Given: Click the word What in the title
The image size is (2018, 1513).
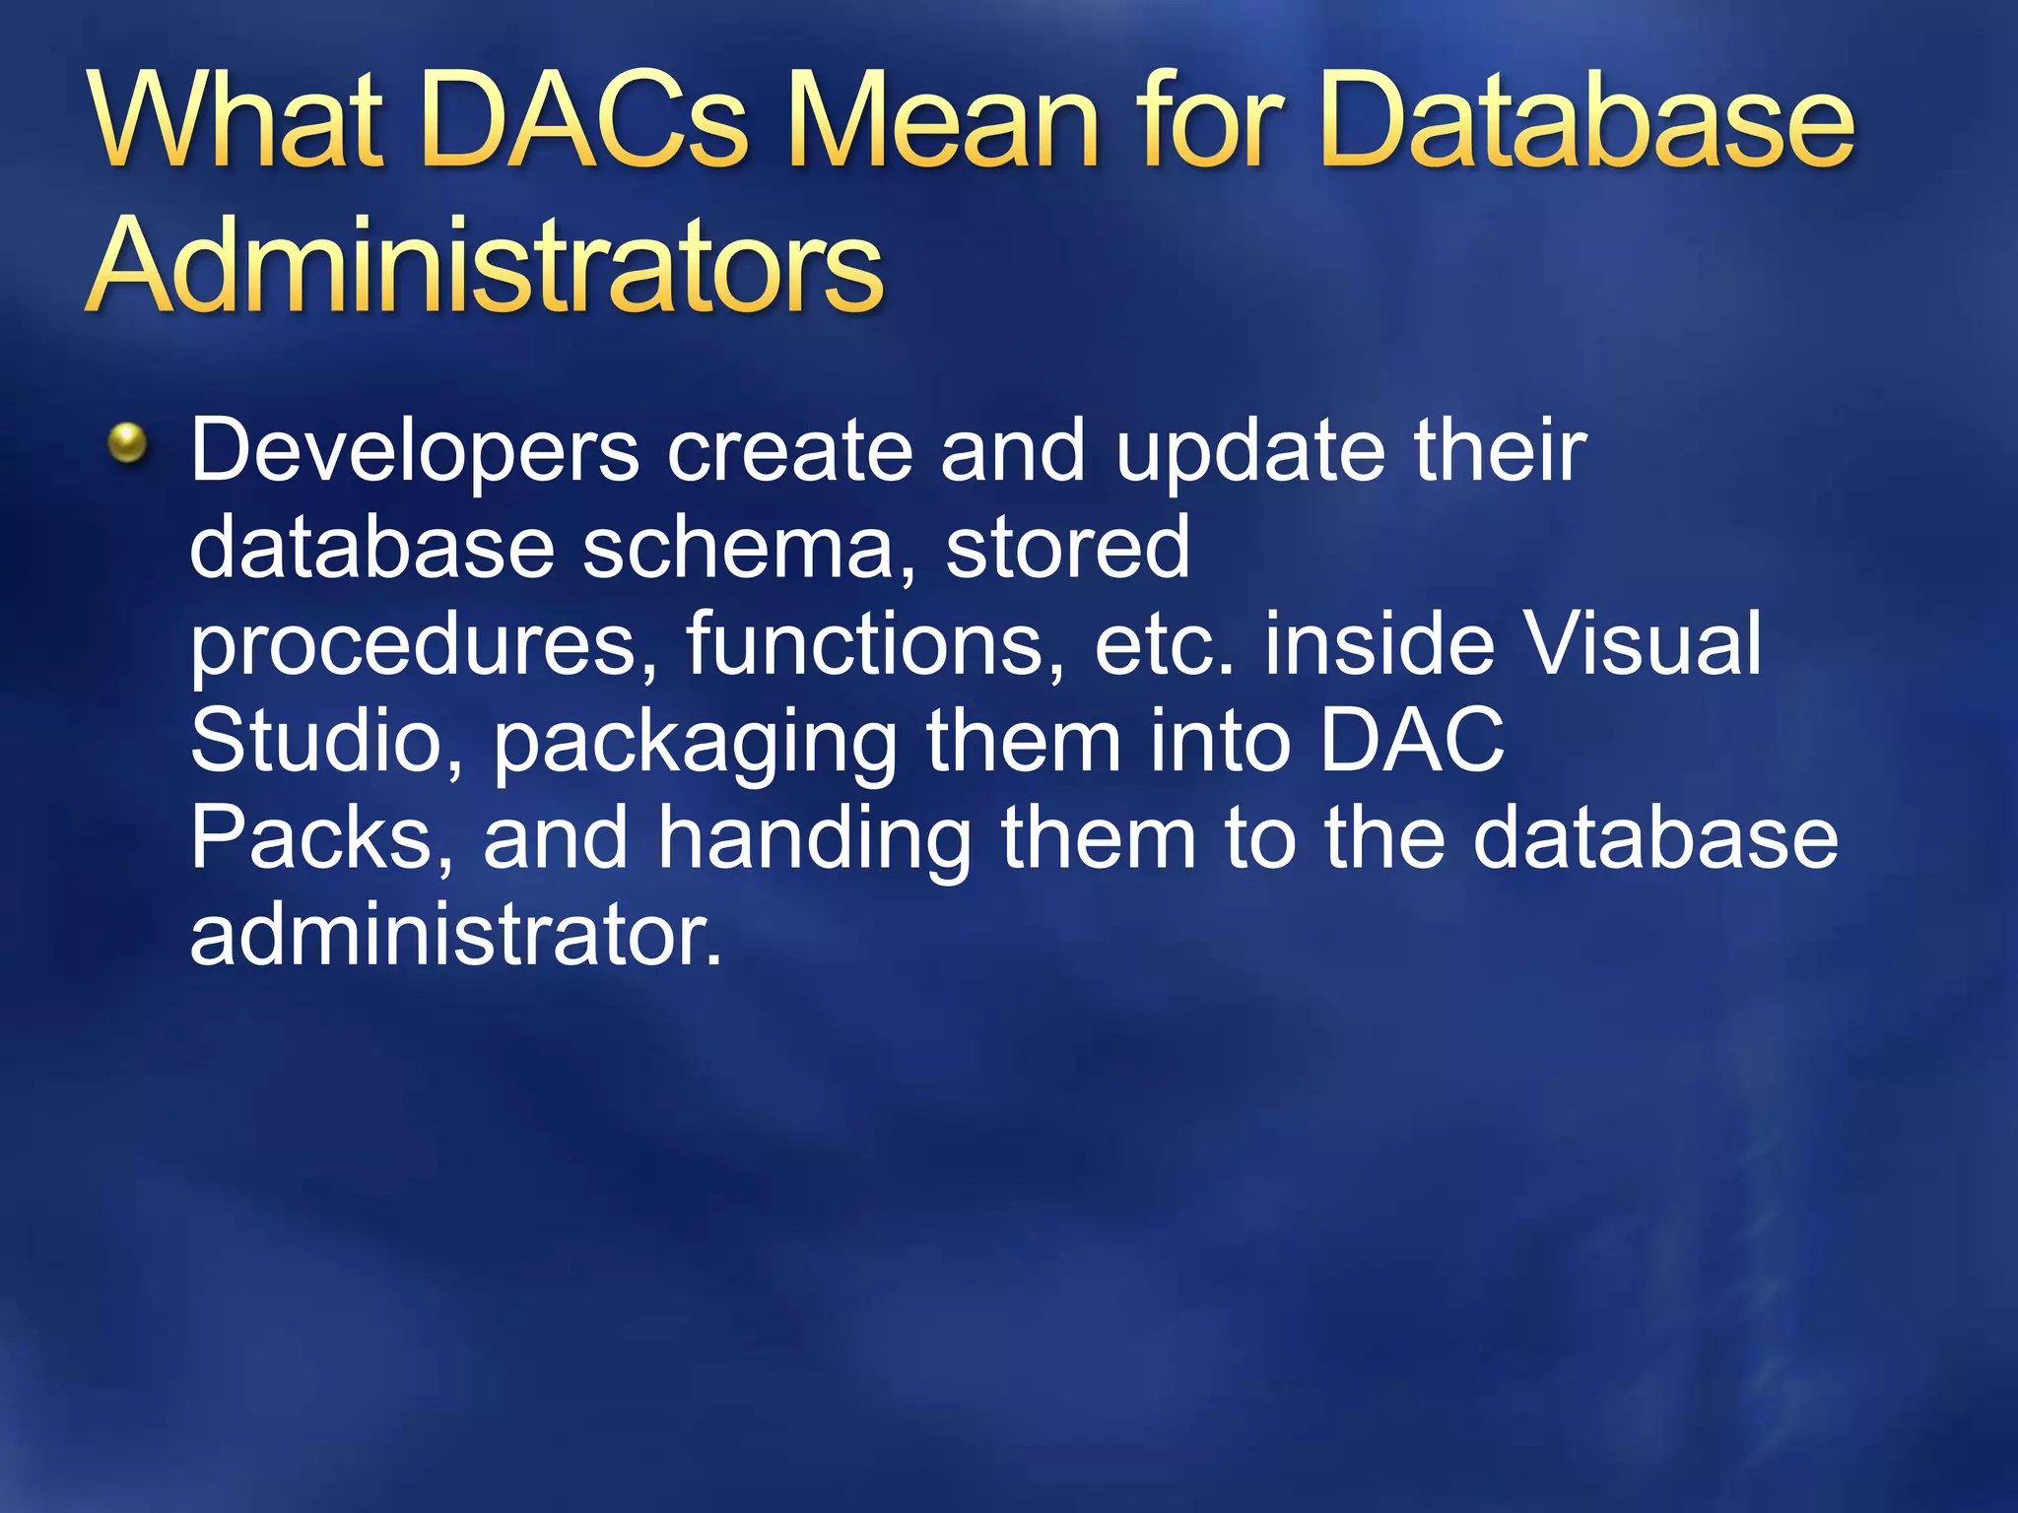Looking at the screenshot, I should pyautogui.click(x=235, y=123).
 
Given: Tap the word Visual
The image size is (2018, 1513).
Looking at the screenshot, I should pyautogui.click(x=1642, y=644).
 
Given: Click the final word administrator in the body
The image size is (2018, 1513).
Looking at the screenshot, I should pyautogui.click(x=455, y=934).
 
